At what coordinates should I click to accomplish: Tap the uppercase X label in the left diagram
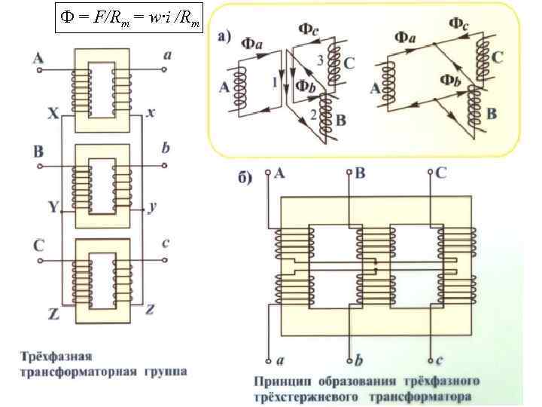coord(52,115)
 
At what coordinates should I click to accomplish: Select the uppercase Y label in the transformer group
coord(52,206)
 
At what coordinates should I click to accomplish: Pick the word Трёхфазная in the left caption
coord(56,356)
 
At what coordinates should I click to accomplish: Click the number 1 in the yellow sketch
coord(275,78)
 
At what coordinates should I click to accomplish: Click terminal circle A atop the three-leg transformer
coord(269,173)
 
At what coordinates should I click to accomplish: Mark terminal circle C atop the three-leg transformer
coord(430,173)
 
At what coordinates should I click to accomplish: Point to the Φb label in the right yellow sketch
coord(451,80)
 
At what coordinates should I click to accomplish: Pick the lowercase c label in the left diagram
coord(166,241)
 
